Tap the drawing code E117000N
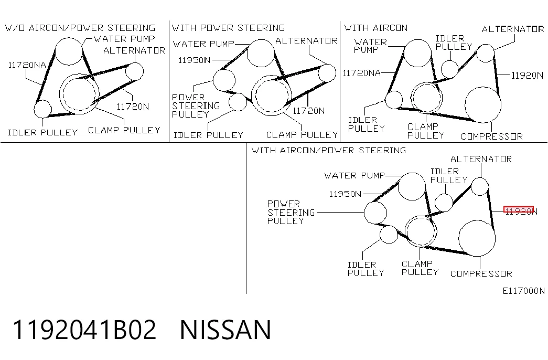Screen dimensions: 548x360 click(x=523, y=291)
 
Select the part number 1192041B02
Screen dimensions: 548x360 click(x=84, y=330)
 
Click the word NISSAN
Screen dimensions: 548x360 click(x=225, y=330)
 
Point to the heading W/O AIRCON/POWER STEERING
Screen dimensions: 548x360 click(x=80, y=28)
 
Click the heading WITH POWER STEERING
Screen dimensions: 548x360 click(x=228, y=28)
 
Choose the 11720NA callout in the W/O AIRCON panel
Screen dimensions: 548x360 click(x=27, y=65)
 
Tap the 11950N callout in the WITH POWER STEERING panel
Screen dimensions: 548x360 click(x=195, y=60)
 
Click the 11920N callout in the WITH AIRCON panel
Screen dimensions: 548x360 click(x=527, y=75)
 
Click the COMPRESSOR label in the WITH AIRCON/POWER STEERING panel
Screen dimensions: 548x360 click(x=481, y=273)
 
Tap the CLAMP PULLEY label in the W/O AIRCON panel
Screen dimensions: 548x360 click(x=124, y=130)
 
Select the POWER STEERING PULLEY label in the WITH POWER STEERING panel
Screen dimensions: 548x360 click(x=196, y=105)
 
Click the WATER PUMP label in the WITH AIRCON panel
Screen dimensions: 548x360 click(x=370, y=46)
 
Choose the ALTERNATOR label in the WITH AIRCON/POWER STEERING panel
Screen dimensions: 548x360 click(x=481, y=159)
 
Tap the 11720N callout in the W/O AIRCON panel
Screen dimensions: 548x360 click(x=133, y=107)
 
